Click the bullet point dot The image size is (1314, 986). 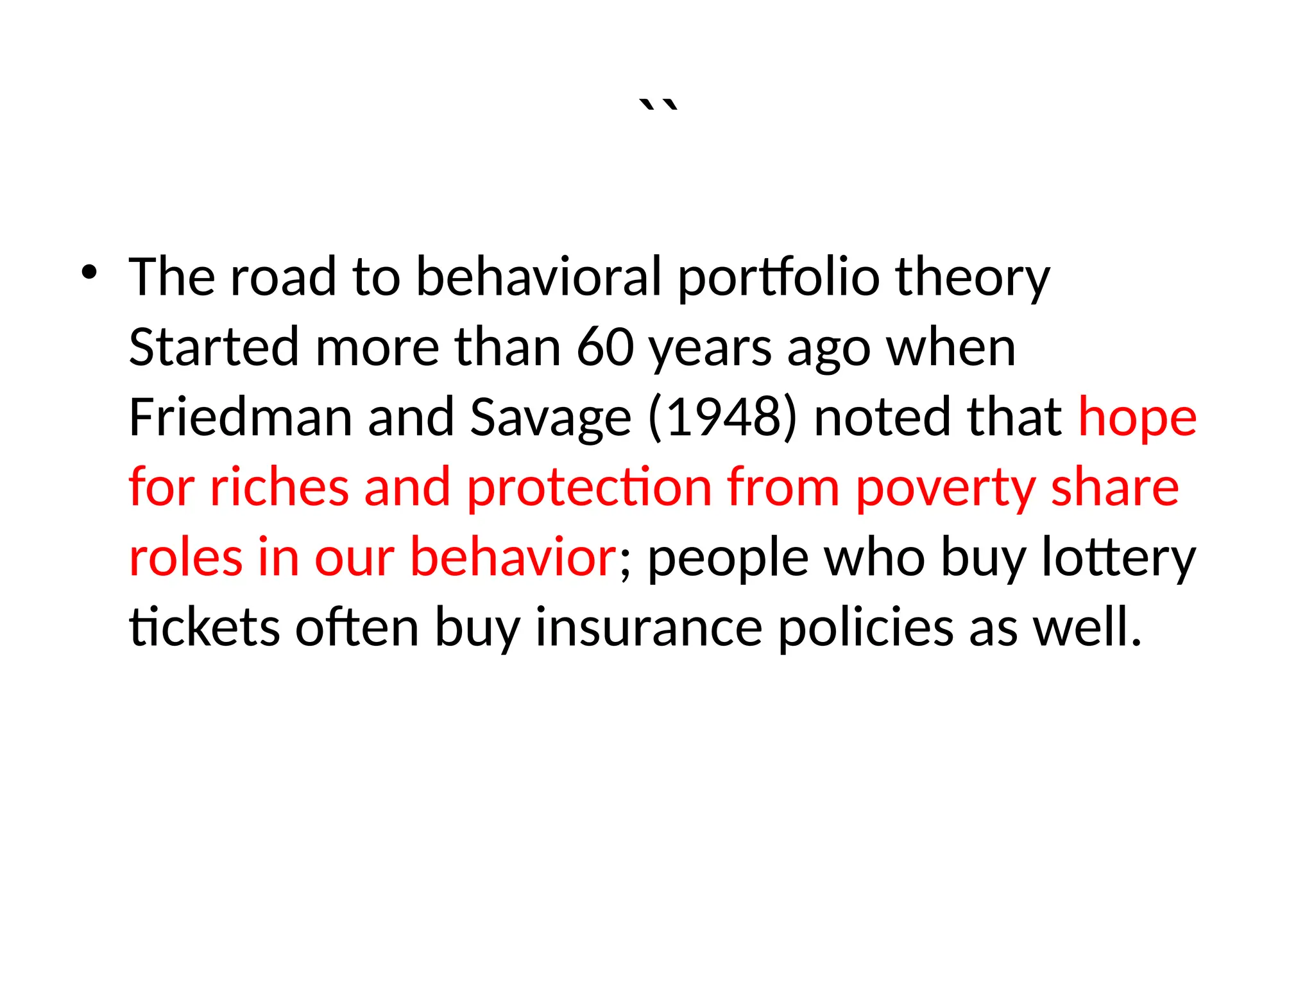[89, 273]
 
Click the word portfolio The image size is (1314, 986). [778, 278]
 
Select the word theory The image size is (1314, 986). [972, 278]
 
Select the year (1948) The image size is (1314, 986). [722, 417]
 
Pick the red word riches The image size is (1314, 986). [279, 487]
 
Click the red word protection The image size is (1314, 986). [589, 487]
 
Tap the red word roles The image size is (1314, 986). [185, 557]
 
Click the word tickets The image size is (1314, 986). [204, 627]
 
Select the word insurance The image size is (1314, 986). [649, 627]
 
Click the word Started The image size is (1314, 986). [214, 347]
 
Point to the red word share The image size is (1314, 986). [1114, 487]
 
